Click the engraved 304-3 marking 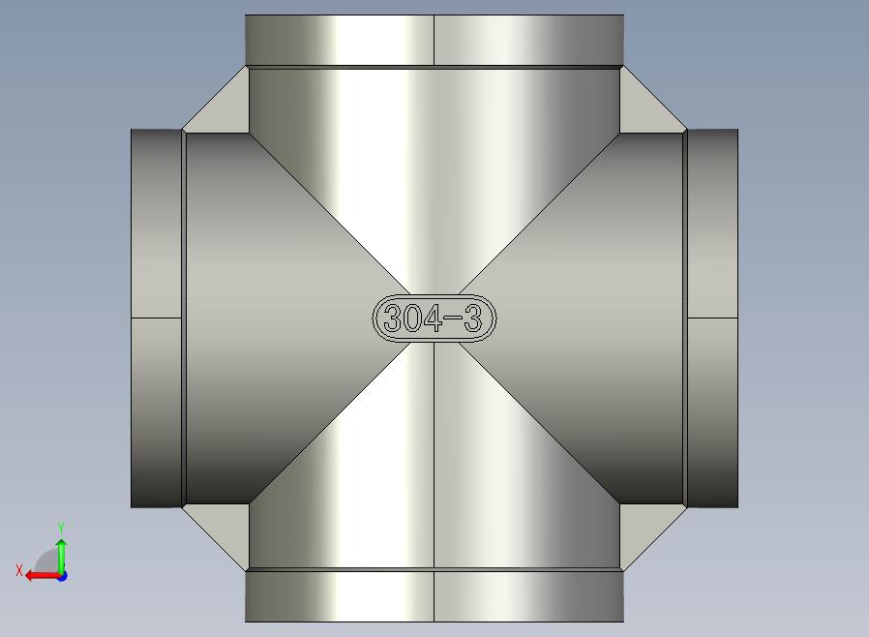click(x=434, y=318)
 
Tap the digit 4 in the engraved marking click(x=433, y=318)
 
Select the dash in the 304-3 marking click(x=453, y=318)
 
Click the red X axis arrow click(x=44, y=576)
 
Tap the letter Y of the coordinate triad click(x=61, y=527)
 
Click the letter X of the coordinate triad click(x=19, y=570)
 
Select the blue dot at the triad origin click(x=62, y=577)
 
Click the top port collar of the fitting click(x=434, y=40)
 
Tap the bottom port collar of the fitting click(x=434, y=596)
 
